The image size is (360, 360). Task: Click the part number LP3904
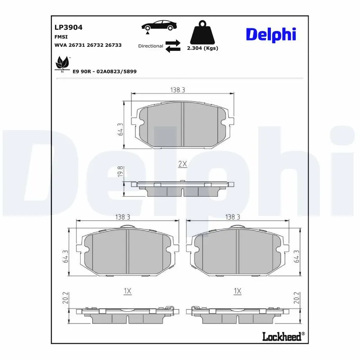click(68, 27)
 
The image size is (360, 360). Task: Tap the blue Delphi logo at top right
click(270, 35)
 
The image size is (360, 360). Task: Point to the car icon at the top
click(157, 26)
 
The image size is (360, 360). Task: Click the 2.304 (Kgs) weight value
click(202, 48)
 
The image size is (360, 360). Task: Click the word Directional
click(151, 46)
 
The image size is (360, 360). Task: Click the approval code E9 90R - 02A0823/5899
click(104, 72)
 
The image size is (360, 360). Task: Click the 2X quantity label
click(182, 164)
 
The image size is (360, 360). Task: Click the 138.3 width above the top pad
click(178, 90)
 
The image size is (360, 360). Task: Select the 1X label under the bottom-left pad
click(127, 291)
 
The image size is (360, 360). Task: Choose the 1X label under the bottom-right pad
click(238, 291)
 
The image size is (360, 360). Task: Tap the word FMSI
click(61, 37)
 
